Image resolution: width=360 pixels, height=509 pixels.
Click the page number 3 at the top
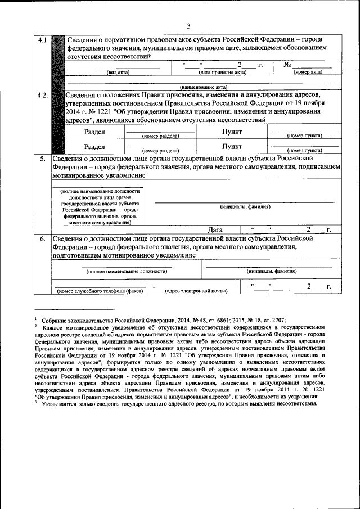coord(189,26)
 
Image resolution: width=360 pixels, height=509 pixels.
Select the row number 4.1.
coord(43,40)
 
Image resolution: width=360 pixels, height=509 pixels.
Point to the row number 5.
coord(42,159)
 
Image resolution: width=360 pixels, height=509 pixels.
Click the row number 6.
coord(42,238)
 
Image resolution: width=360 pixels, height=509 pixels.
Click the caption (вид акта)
coord(118,73)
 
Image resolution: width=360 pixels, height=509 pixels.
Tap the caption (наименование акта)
coord(203,87)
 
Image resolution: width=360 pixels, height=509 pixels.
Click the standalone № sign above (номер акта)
coord(287,65)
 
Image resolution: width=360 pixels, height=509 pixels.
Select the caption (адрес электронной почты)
coord(196,291)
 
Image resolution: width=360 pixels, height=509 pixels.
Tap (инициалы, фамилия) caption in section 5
coord(245,206)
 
